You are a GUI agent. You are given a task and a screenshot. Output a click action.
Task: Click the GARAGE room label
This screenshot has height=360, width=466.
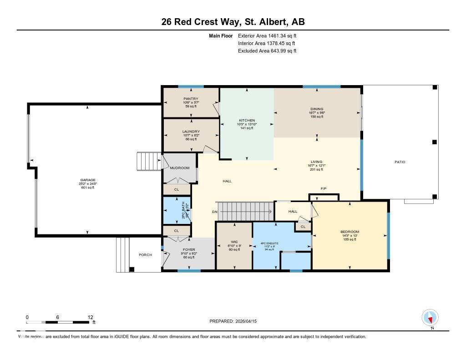pyautogui.click(x=88, y=180)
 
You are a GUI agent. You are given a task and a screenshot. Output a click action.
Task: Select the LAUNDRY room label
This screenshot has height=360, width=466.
pyautogui.click(x=191, y=132)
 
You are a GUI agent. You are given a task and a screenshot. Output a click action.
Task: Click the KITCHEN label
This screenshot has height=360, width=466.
pyautogui.click(x=247, y=120)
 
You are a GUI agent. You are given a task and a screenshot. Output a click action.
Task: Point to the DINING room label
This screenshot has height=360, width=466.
pyautogui.click(x=317, y=109)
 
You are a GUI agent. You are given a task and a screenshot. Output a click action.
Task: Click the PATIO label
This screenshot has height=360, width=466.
pyautogui.click(x=400, y=162)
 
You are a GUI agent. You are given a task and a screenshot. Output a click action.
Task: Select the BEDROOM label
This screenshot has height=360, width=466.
pyautogui.click(x=349, y=232)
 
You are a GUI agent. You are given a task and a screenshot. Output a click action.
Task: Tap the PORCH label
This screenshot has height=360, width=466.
pyautogui.click(x=145, y=254)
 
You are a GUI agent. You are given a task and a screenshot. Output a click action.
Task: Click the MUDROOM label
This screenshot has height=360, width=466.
pyautogui.click(x=179, y=168)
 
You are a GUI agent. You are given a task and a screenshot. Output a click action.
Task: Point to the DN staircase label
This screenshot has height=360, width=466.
pyautogui.click(x=214, y=212)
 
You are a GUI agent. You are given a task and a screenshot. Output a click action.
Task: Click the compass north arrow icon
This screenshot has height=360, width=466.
pyautogui.click(x=430, y=317)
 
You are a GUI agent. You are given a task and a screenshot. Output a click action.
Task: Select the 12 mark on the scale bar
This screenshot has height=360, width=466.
pyautogui.click(x=91, y=317)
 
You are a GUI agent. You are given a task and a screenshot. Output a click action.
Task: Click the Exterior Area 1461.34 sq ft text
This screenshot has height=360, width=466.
pyautogui.click(x=267, y=35)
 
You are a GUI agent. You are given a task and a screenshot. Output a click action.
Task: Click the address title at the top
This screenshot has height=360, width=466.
pyautogui.click(x=233, y=21)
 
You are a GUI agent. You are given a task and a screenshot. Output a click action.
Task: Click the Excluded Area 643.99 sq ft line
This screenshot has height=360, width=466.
pyautogui.click(x=267, y=51)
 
